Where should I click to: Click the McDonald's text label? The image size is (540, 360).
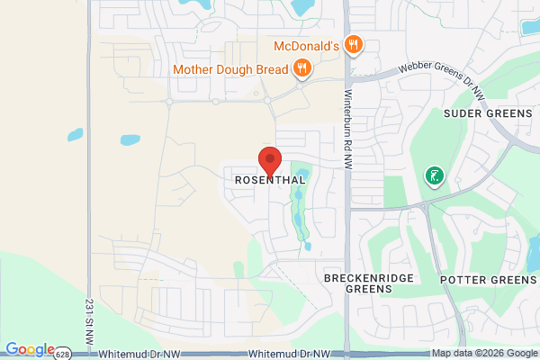point(305,45)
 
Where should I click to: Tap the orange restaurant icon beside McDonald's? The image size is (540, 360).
point(355,44)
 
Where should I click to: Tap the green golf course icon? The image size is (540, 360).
point(435,175)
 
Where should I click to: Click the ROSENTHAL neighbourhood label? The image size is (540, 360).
point(270,180)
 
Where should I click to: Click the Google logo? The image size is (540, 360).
point(29,349)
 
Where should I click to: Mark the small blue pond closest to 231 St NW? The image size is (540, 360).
point(75,135)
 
